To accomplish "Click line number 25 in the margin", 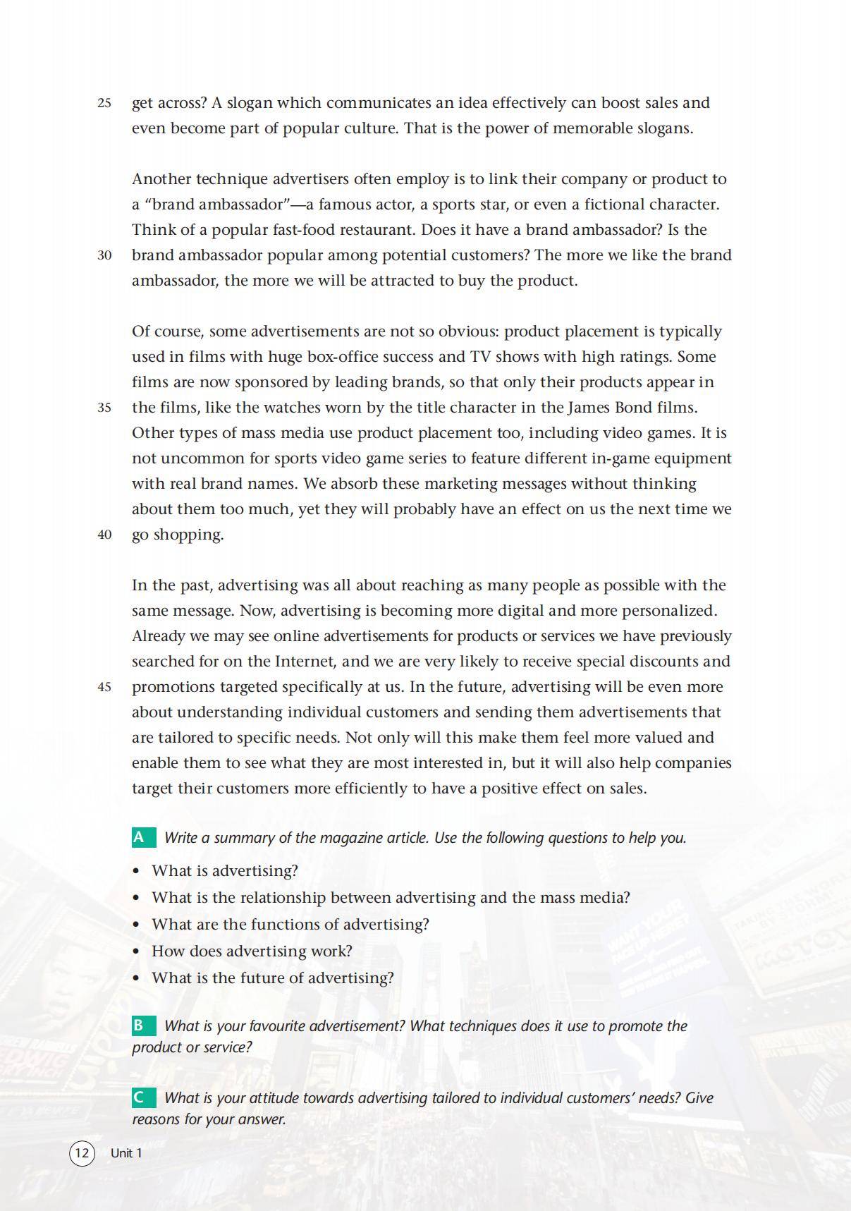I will point(104,103).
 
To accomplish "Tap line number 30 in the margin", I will point(104,255).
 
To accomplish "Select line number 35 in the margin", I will point(104,408).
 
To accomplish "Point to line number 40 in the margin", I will point(104,535).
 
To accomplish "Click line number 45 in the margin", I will point(104,687).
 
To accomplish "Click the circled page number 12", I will point(82,1153).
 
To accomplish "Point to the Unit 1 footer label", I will point(126,1153).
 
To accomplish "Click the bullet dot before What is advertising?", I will point(137,871).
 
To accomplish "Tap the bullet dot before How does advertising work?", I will point(137,951).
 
